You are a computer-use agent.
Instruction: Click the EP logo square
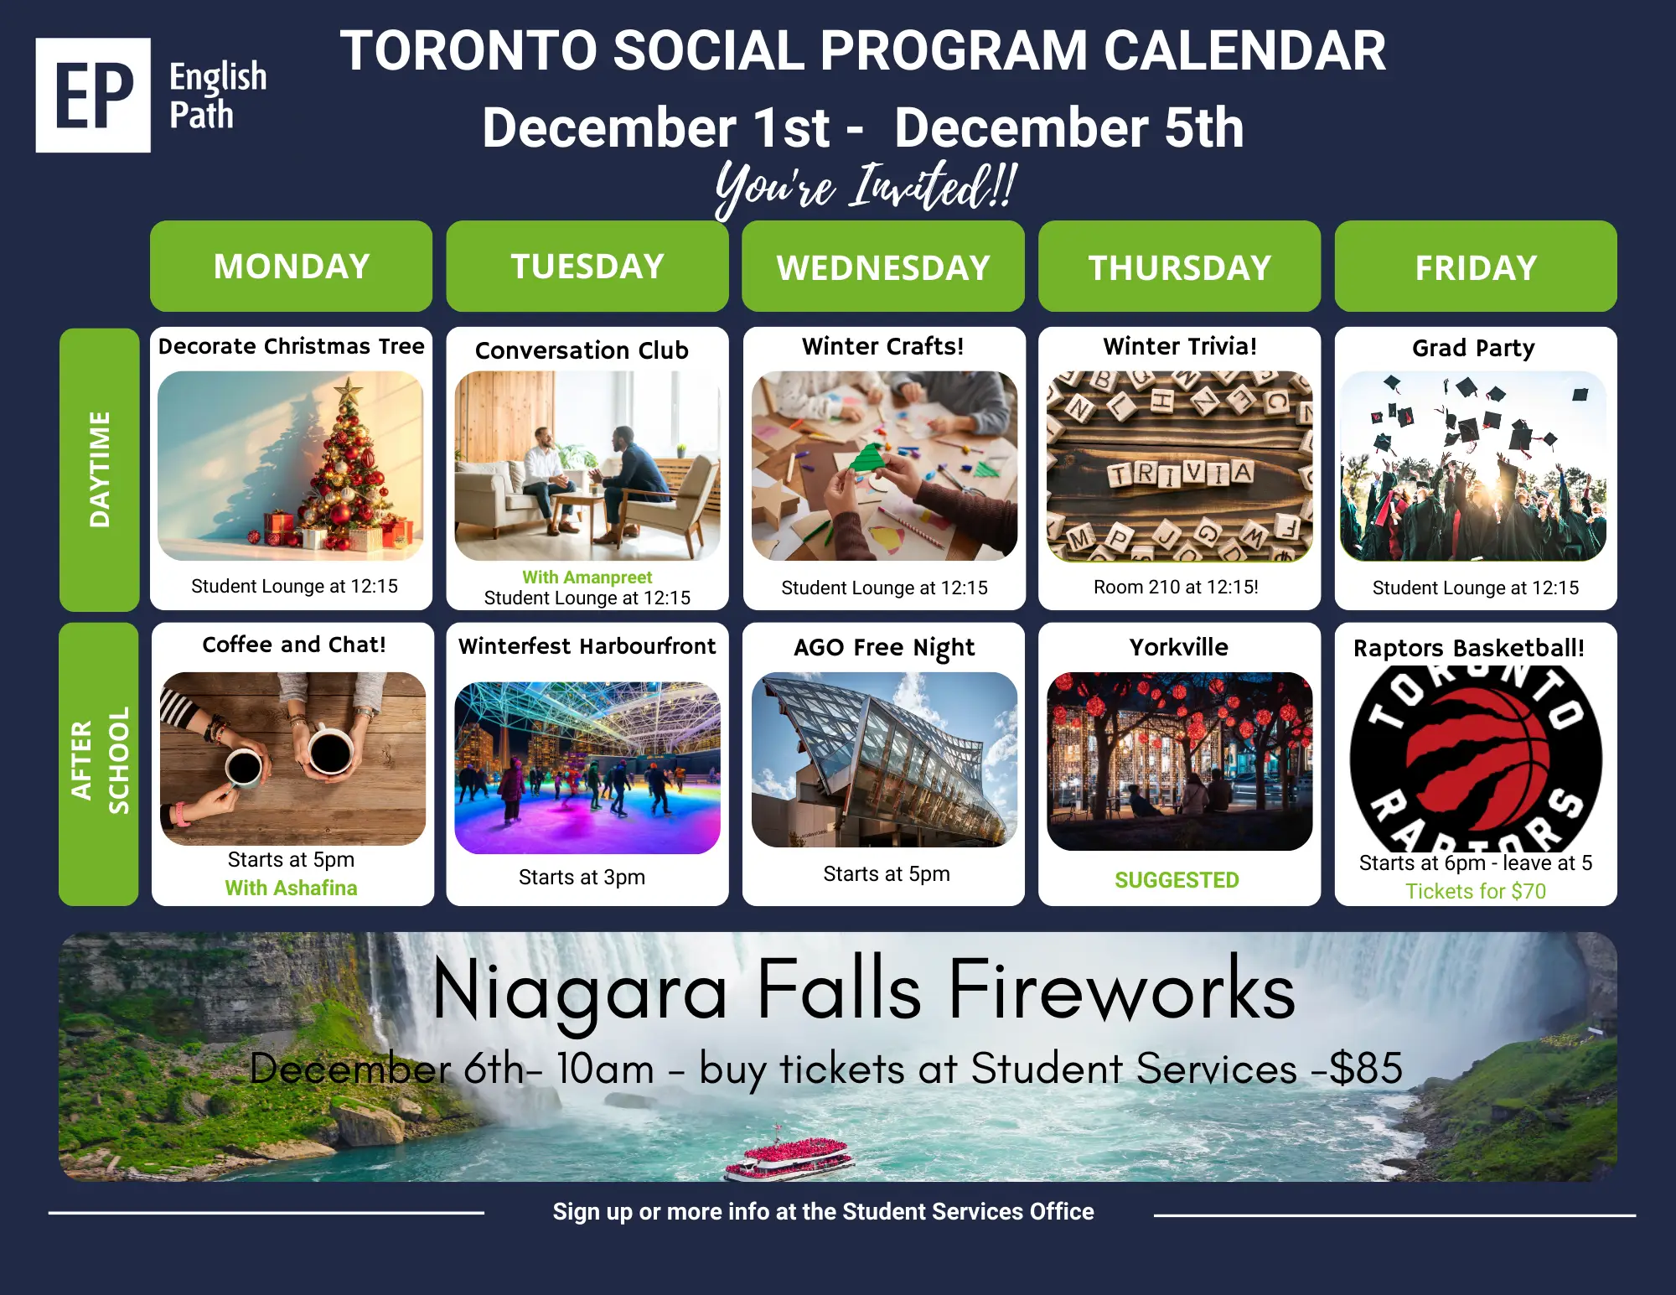pyautogui.click(x=93, y=95)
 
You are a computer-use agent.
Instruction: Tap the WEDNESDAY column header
pyautogui.click(x=883, y=267)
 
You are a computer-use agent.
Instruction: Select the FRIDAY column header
pyautogui.click(x=1476, y=267)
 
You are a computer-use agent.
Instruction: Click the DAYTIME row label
pyautogui.click(x=100, y=469)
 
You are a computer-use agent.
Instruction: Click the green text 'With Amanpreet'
pyautogui.click(x=587, y=578)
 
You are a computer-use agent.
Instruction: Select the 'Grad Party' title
pyautogui.click(x=1473, y=348)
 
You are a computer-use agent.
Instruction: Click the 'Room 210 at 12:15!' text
pyautogui.click(x=1176, y=587)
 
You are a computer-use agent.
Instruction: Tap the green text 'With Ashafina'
pyautogui.click(x=291, y=888)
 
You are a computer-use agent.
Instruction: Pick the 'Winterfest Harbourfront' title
pyautogui.click(x=587, y=646)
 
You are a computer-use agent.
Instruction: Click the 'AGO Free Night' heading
pyautogui.click(x=884, y=648)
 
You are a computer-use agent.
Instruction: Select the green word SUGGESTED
pyautogui.click(x=1177, y=880)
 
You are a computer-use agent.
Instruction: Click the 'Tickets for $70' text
pyautogui.click(x=1476, y=891)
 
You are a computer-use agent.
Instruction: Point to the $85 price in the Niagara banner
pyautogui.click(x=1366, y=1068)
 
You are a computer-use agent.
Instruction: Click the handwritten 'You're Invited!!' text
pyautogui.click(x=866, y=186)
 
